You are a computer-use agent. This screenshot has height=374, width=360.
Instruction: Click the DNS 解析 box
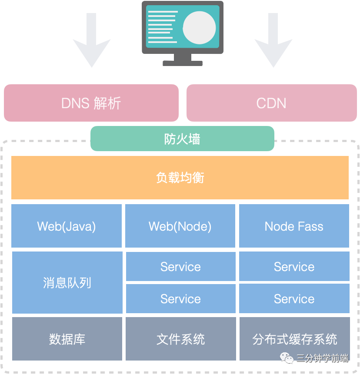pyautogui.click(x=91, y=103)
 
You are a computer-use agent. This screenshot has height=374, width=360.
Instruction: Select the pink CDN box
pyautogui.click(x=271, y=103)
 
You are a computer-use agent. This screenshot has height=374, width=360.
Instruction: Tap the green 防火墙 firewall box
pyautogui.click(x=182, y=139)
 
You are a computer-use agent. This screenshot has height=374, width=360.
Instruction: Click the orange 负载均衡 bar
pyautogui.click(x=180, y=177)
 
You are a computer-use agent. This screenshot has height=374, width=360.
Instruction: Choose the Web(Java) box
pyautogui.click(x=67, y=226)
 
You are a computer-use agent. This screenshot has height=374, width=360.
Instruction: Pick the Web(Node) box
pyautogui.click(x=180, y=226)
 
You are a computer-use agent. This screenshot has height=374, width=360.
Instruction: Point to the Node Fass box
pyautogui.click(x=294, y=226)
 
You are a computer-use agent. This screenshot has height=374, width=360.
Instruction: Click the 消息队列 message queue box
pyautogui.click(x=67, y=282)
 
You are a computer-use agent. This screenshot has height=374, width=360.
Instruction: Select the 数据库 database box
pyautogui.click(x=67, y=339)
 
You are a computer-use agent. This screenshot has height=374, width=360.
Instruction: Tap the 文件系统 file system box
pyautogui.click(x=180, y=339)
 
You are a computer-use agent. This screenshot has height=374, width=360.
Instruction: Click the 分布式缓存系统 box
pyautogui.click(x=294, y=339)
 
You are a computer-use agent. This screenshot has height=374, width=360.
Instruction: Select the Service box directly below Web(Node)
pyautogui.click(x=180, y=266)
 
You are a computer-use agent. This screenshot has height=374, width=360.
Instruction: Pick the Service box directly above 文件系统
pyautogui.click(x=180, y=298)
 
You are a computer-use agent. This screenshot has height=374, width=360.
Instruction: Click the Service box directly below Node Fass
pyautogui.click(x=294, y=266)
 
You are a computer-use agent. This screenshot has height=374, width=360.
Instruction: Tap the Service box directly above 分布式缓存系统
pyautogui.click(x=294, y=298)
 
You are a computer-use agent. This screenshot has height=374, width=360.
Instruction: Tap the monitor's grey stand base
pyautogui.click(x=183, y=63)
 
